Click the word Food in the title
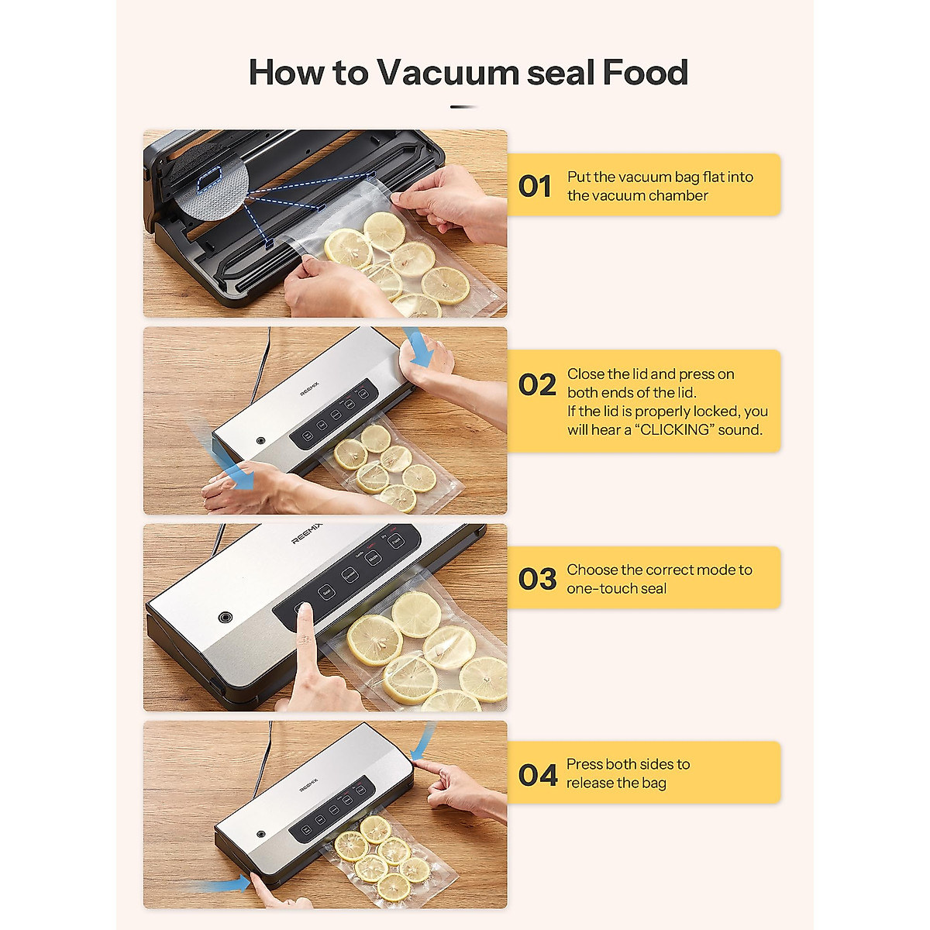click(645, 72)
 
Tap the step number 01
click(535, 187)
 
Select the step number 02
click(537, 385)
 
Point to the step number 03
click(537, 579)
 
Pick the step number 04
click(538, 775)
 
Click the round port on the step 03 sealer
click(226, 617)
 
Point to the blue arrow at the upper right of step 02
click(419, 347)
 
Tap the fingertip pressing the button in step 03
click(305, 611)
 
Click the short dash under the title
click(464, 107)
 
